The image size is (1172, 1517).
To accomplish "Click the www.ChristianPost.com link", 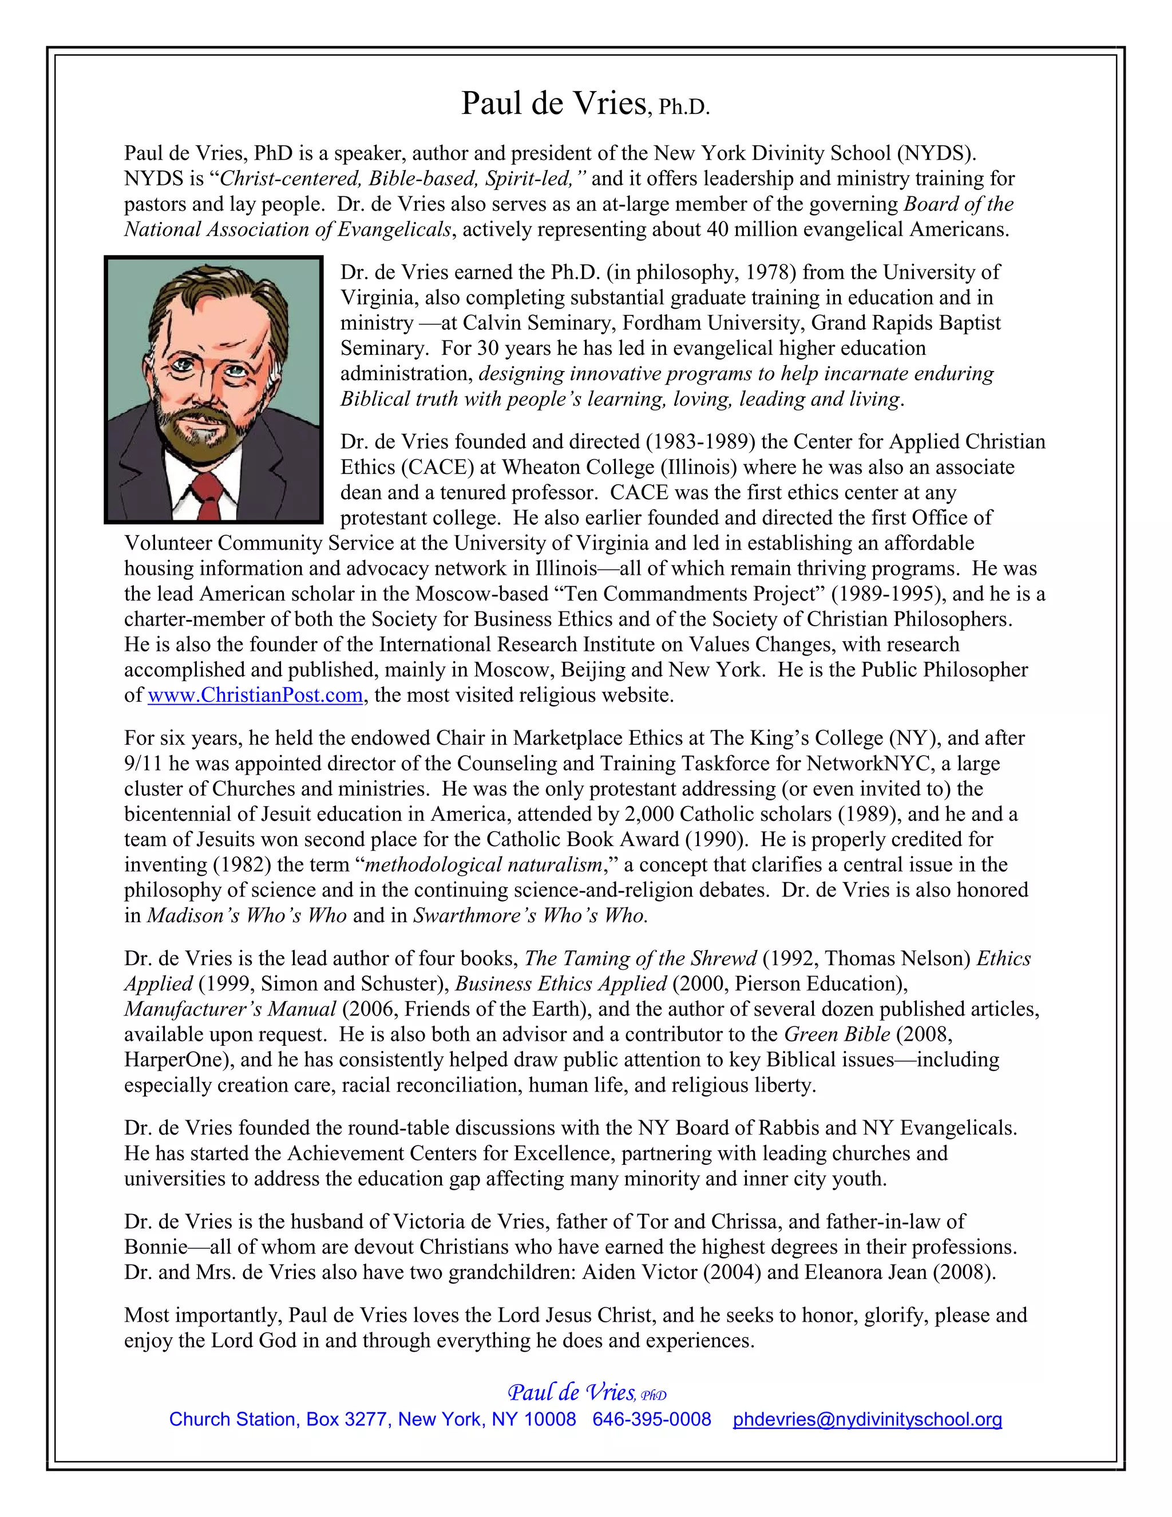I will coord(255,696).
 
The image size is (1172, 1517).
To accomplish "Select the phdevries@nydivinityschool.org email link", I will coord(867,1419).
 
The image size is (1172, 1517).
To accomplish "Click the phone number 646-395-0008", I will coord(651,1419).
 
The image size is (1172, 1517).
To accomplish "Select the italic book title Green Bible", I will coord(837,1034).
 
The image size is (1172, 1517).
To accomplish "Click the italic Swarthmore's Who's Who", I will coord(530,915).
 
